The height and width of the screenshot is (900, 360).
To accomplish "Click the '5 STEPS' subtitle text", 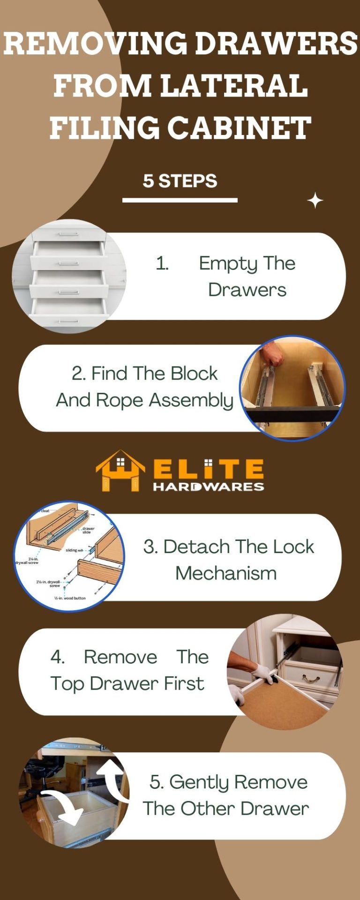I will coord(180,181).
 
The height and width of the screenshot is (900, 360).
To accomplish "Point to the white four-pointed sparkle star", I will coord(315,201).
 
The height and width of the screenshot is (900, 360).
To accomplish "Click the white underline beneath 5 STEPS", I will coord(180,200).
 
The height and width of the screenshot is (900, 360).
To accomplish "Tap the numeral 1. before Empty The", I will coord(162,263).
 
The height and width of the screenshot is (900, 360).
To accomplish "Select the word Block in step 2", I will coord(194,374).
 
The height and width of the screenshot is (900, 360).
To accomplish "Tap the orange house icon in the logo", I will coord(120,471).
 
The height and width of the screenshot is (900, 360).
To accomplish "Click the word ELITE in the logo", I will coord(209,469).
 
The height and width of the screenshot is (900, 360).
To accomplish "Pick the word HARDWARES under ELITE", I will coord(209,487).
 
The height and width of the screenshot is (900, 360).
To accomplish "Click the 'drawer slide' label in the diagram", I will coord(87,530).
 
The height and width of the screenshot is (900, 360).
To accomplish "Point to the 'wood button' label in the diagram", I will coord(70,598).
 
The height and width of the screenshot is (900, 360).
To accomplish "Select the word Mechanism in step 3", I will coord(226,573).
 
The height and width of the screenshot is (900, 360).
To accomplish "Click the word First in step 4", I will coord(184,683).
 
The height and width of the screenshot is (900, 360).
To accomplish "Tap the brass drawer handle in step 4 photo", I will coord(310,678).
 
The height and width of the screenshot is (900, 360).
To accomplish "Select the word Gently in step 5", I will coord(200,782).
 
